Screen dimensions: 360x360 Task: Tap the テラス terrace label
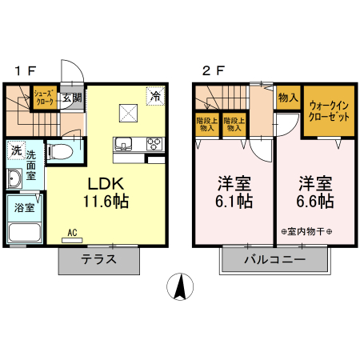pyautogui.click(x=99, y=259)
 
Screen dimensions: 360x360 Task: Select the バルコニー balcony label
pyautogui.click(x=274, y=260)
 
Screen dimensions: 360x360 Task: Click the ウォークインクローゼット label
pyautogui.click(x=328, y=110)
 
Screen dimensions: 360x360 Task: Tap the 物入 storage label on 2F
pyautogui.click(x=288, y=98)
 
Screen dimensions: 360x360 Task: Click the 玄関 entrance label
pyautogui.click(x=72, y=98)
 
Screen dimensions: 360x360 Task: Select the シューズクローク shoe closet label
pyautogui.click(x=44, y=98)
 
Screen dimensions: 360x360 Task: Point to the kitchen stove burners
pyautogui.click(x=154, y=144)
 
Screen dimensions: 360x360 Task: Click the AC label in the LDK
pyautogui.click(x=72, y=233)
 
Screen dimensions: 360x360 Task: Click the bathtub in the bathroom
pyautogui.click(x=25, y=232)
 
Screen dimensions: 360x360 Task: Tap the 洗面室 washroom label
pyautogui.click(x=32, y=163)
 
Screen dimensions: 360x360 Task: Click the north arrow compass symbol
pyautogui.click(x=180, y=286)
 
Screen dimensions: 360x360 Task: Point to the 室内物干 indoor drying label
pyautogui.click(x=307, y=232)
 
